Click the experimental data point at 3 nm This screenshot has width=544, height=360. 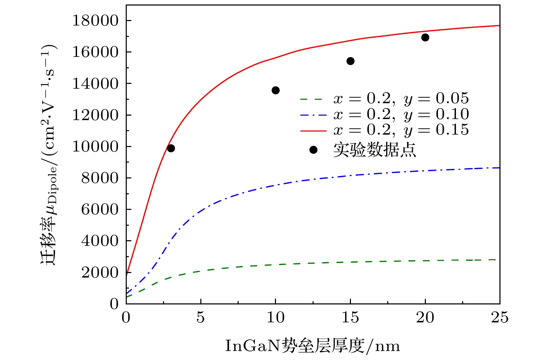coord(171,148)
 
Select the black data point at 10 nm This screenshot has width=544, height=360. coord(276,90)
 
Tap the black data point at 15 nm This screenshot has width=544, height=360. coord(350,61)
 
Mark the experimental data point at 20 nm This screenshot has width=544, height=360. coord(425,37)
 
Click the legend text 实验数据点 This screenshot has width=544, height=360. coord(374,150)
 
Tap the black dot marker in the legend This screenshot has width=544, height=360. coord(313,150)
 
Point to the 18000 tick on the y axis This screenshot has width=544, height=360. coord(95,21)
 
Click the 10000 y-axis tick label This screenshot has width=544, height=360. coord(95,147)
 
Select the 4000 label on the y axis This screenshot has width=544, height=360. coord(99,241)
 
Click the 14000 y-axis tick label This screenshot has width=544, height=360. coord(95,84)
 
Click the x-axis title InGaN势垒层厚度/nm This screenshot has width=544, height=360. coord(313,346)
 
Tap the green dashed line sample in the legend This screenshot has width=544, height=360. coord(313,99)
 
